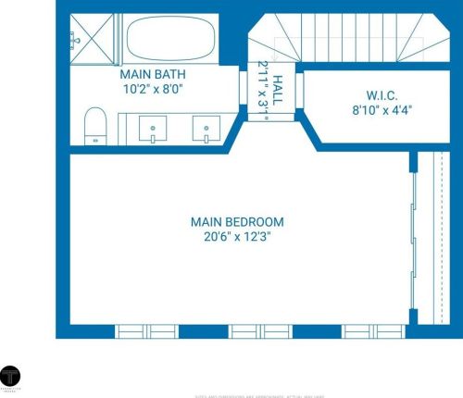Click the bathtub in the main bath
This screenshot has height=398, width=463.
(170, 39)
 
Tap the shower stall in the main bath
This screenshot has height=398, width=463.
(91, 38)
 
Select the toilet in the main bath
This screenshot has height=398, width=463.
(94, 125)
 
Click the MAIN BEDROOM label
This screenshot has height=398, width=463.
(236, 222)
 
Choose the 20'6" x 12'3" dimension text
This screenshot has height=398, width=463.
(236, 238)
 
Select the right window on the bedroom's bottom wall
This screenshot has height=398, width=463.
(369, 331)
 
